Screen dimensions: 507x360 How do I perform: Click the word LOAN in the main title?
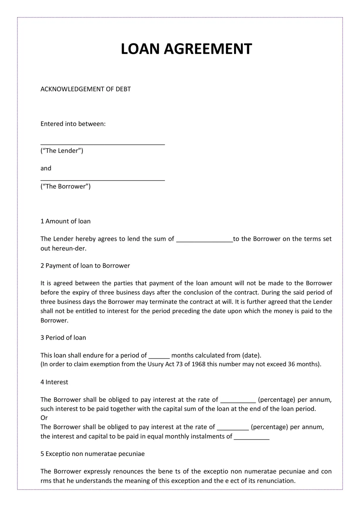pos(140,49)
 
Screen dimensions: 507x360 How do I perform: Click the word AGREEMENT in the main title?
pos(208,49)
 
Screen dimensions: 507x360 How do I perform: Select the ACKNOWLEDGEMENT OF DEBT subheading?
pos(86,89)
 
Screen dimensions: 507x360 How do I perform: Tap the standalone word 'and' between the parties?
pos(46,168)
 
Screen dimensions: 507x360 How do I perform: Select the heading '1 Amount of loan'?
pos(66,221)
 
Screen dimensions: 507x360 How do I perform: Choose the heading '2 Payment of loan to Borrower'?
pos(85,265)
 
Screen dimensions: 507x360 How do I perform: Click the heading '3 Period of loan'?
pos(63,338)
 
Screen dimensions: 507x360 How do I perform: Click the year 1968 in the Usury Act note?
pos(198,364)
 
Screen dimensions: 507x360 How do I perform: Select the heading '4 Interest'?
pos(54,382)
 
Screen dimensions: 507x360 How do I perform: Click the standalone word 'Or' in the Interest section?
pos(44,418)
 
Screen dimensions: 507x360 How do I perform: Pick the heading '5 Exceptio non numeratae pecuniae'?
pos(92,454)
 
